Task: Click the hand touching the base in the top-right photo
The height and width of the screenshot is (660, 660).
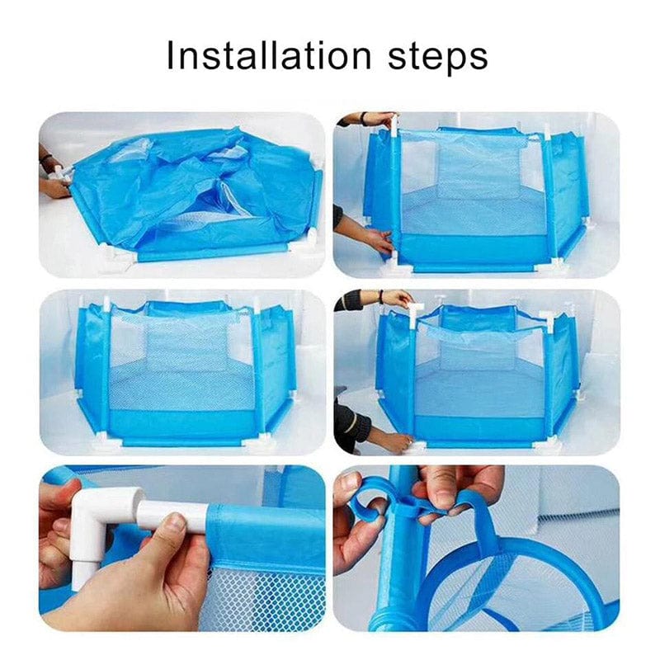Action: pyautogui.click(x=375, y=240)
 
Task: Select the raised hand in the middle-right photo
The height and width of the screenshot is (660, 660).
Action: pyautogui.click(x=395, y=298)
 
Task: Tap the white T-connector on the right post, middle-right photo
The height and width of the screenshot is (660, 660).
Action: pyautogui.click(x=548, y=316)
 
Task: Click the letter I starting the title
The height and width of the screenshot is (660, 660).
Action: pyautogui.click(x=171, y=56)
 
